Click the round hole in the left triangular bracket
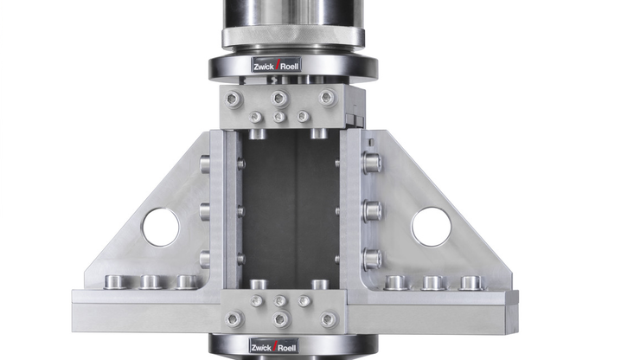[160, 227]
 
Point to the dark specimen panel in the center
[289, 208]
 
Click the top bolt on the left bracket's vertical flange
[205, 162]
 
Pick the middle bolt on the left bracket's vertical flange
[205, 210]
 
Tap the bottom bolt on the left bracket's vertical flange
[205, 258]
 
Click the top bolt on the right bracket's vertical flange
[373, 162]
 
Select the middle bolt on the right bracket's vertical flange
[373, 209]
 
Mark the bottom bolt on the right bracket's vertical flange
[373, 258]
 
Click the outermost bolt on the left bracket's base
[113, 281]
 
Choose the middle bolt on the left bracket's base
[149, 281]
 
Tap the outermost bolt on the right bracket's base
[470, 282]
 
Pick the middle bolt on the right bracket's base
[433, 282]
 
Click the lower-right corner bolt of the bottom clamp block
[326, 319]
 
